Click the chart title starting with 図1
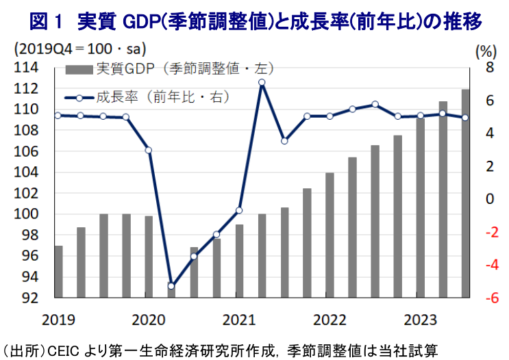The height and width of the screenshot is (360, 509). (255, 21)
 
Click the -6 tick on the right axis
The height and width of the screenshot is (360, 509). (486, 298)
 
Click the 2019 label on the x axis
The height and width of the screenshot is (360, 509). (58, 320)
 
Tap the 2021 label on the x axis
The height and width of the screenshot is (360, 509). (239, 320)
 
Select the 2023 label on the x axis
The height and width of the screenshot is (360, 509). (420, 320)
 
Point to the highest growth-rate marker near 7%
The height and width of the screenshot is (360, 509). (262, 83)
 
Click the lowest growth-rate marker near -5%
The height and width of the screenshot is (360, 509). (171, 286)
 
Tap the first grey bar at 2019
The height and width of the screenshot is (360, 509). (58, 272)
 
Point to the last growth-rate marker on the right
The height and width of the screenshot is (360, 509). (465, 118)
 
